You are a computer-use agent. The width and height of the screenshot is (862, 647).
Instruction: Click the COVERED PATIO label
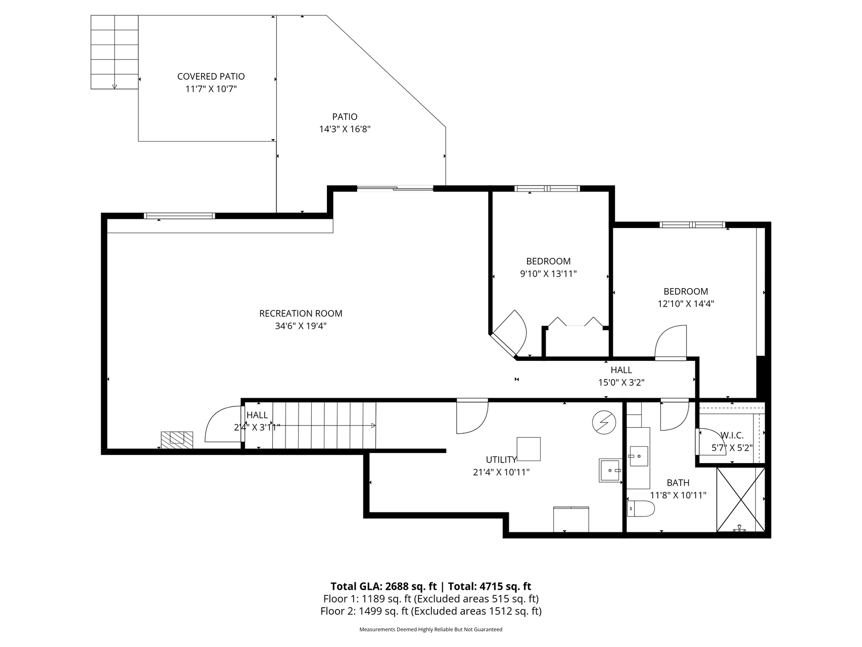211,76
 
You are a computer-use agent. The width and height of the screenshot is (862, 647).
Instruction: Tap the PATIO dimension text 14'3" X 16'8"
345,129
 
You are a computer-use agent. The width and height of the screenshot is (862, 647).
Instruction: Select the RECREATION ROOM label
301,313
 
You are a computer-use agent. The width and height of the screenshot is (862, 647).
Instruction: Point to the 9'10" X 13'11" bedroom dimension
548,274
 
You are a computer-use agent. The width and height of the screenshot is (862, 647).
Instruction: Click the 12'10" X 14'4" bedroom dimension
686,304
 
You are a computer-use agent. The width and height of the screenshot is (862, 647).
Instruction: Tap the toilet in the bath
640,509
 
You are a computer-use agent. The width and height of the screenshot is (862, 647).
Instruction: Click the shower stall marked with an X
741,499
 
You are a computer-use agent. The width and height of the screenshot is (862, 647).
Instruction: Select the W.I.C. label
732,435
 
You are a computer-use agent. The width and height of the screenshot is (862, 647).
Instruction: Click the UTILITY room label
501,459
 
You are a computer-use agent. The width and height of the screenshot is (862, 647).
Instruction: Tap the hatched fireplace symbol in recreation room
177,440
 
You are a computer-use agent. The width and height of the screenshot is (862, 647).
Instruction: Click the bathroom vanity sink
638,455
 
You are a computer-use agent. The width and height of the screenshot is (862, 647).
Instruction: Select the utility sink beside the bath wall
610,471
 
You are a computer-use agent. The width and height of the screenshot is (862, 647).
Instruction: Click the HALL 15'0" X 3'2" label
621,376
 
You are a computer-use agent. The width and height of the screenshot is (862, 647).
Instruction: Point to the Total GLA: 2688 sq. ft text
384,586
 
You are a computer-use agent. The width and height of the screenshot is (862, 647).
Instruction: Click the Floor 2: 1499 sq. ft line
431,611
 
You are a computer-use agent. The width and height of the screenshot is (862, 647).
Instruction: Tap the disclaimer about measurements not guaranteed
431,629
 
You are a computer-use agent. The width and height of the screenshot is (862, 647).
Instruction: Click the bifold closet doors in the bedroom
576,321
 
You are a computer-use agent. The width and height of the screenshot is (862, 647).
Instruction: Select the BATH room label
678,483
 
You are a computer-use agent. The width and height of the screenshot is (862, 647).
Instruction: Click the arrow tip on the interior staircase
375,426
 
